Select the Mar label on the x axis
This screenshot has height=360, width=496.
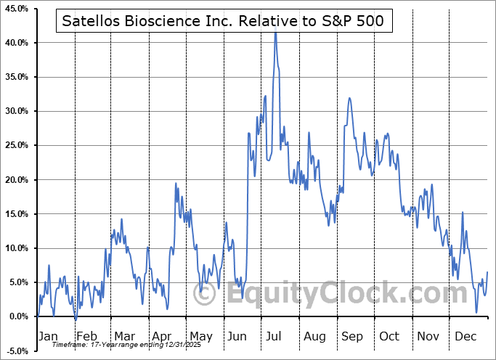tap(123, 336)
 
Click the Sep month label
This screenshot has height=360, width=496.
tap(352, 336)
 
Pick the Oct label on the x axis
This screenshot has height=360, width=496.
tap(390, 336)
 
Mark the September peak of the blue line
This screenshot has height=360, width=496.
tap(349, 98)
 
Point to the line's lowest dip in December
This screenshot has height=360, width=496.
tap(477, 312)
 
